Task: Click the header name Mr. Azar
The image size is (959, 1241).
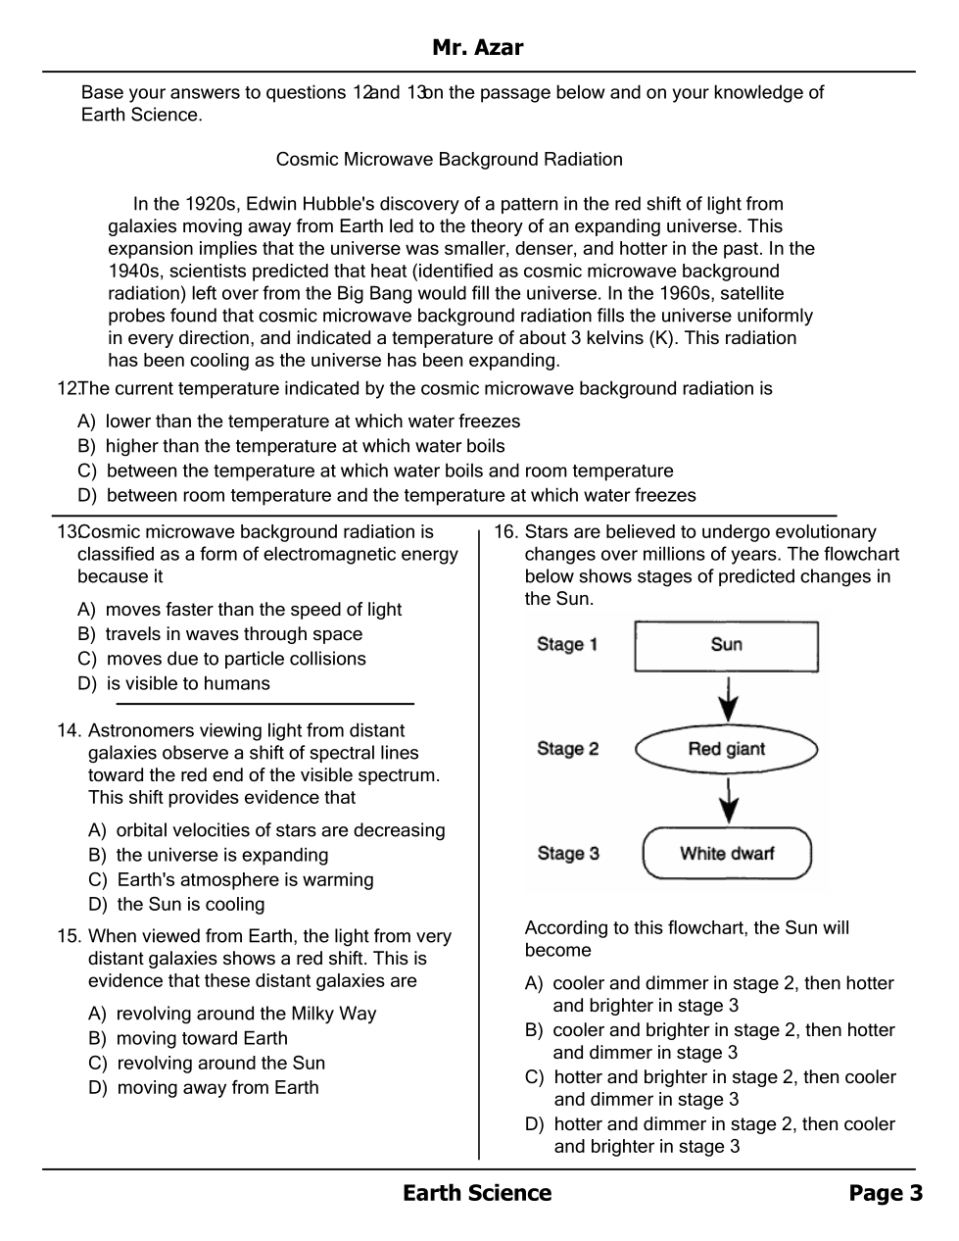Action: coord(477,47)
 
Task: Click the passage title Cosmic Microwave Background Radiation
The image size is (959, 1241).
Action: coord(449,159)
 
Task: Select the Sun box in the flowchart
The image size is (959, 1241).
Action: coord(726,645)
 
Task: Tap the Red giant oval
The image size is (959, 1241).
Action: coord(726,750)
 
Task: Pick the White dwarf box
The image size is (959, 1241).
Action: coord(727,854)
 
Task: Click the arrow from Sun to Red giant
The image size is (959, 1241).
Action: coord(727,698)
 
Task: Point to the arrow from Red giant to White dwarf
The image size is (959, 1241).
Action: coord(727,800)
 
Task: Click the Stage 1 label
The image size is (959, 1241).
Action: coord(566,644)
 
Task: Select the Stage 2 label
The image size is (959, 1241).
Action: coord(567,749)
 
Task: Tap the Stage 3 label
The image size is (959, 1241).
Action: coord(567,854)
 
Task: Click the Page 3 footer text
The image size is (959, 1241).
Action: coord(886,1193)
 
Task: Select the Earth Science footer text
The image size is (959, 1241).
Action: coord(477,1193)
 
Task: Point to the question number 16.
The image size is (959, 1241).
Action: coord(504,532)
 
